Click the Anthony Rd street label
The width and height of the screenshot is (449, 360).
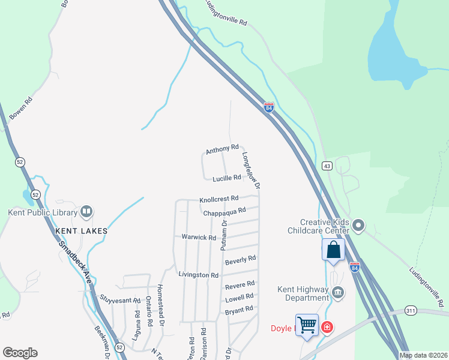(x=222, y=149)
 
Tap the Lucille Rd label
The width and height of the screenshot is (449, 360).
(x=226, y=178)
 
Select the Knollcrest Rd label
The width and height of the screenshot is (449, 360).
(x=218, y=198)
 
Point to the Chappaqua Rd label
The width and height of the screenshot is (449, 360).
(x=224, y=211)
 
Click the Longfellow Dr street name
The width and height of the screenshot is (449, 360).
(x=251, y=170)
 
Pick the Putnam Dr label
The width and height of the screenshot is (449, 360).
(x=223, y=235)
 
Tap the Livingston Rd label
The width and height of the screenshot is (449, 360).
(x=198, y=274)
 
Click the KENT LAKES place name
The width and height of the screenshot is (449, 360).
(x=81, y=230)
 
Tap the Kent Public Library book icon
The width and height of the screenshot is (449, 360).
(x=86, y=212)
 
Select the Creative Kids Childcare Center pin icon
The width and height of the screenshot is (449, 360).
(x=358, y=226)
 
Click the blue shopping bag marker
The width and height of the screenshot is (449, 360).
(x=333, y=249)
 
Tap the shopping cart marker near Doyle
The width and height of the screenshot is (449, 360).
(x=307, y=325)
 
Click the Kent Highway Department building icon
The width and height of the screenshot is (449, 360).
(x=338, y=293)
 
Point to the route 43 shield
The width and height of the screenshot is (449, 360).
(x=327, y=166)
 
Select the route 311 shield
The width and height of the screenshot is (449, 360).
(x=411, y=310)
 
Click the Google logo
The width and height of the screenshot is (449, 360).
(x=20, y=353)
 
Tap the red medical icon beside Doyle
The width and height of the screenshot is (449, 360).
(x=327, y=327)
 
